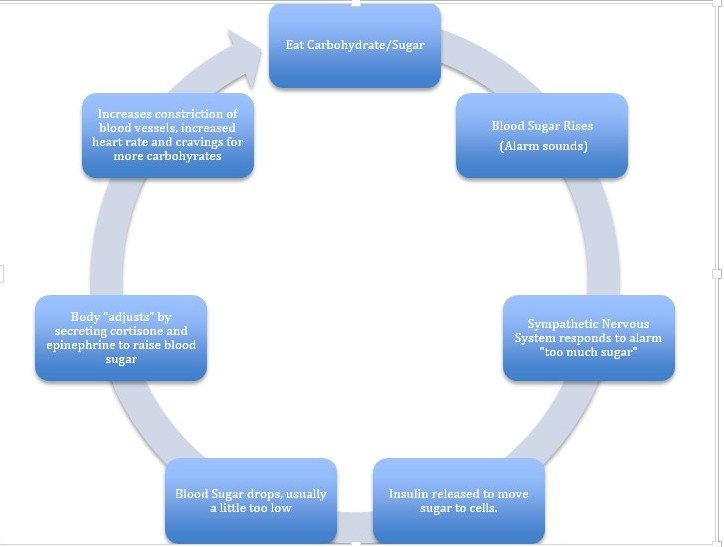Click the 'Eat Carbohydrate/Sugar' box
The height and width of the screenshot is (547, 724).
click(355, 46)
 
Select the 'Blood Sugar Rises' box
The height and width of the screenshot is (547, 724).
click(542, 136)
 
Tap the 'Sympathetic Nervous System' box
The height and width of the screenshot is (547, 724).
click(589, 337)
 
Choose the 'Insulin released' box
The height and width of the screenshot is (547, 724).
click(459, 500)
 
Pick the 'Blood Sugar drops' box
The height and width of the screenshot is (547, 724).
click(250, 500)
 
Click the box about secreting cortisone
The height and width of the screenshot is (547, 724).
click(121, 337)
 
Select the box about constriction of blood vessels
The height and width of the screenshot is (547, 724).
click(167, 135)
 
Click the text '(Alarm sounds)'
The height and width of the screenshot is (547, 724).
click(541, 147)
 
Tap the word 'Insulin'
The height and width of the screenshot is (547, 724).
click(410, 494)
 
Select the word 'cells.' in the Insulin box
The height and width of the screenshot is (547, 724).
click(479, 508)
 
